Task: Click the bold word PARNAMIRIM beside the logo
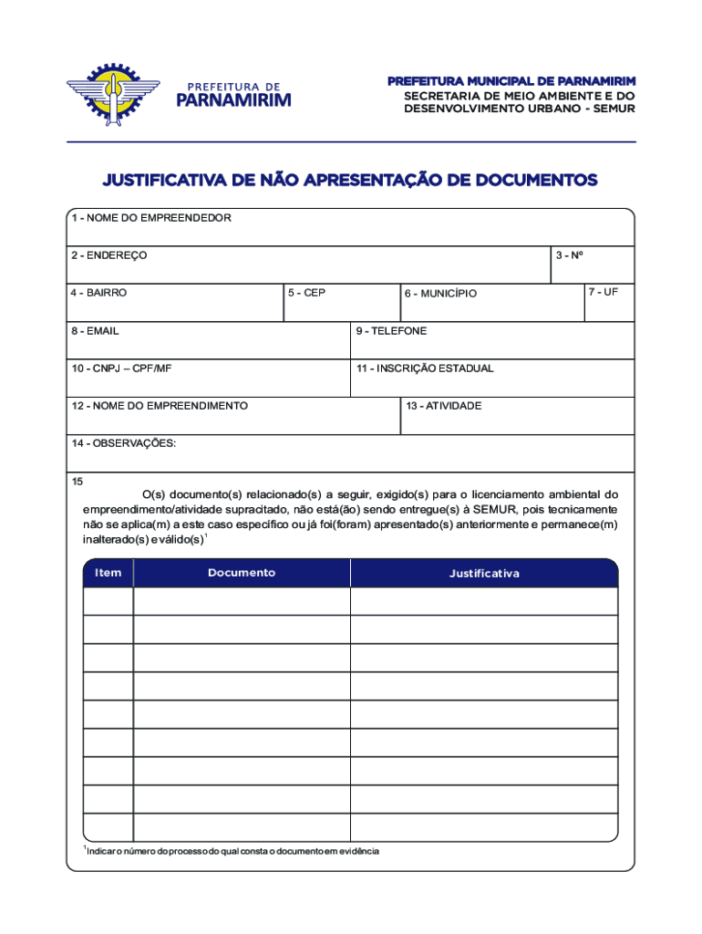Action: (233, 99)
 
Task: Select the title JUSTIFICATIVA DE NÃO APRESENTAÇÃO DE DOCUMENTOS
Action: (350, 181)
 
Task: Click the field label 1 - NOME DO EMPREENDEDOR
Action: (151, 218)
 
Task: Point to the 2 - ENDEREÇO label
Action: (109, 255)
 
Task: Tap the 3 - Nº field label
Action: (570, 255)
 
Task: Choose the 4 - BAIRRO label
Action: (99, 293)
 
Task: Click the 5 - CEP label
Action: (306, 293)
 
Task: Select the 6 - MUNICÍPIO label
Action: (440, 294)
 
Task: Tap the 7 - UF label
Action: (604, 292)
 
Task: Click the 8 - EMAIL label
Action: (96, 331)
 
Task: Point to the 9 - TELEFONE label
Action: (391, 331)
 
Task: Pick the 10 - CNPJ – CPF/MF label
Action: (121, 368)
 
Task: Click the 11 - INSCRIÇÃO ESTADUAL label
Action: (425, 368)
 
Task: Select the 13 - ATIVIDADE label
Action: (444, 406)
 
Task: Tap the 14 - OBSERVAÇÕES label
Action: (124, 443)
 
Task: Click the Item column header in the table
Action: (108, 573)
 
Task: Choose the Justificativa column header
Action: (484, 574)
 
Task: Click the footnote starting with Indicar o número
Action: (232, 851)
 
